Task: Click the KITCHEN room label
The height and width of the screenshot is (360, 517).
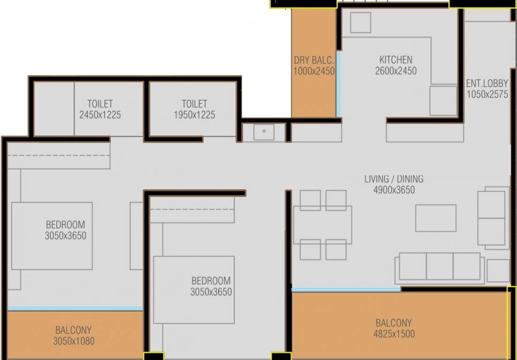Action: (395, 60)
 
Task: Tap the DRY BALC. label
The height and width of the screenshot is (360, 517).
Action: (314, 60)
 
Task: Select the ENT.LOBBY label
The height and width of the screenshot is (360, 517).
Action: (487, 83)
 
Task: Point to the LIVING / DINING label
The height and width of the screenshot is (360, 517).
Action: (394, 179)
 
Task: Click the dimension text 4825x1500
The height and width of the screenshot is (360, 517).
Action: (394, 334)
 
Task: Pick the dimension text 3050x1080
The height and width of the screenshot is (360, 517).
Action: (73, 341)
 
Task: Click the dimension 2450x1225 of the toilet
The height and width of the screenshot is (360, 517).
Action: (100, 115)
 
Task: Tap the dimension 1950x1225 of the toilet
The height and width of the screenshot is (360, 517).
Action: (194, 115)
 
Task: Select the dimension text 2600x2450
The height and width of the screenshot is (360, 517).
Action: (395, 71)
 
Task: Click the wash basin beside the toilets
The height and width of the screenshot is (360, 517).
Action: (264, 132)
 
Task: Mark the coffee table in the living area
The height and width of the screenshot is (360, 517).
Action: (435, 218)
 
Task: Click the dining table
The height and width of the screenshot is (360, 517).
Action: (323, 225)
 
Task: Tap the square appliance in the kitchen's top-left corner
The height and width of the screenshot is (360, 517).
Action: (360, 22)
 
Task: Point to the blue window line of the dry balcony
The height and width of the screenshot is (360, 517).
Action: (338, 84)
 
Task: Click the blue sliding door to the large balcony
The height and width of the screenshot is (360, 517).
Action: (346, 290)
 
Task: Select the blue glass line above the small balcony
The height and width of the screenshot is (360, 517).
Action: (75, 308)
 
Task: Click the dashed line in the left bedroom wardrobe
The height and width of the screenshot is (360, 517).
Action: (59, 156)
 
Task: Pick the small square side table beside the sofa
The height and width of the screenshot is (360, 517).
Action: (498, 270)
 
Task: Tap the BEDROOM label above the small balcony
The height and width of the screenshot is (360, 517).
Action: (65, 225)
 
